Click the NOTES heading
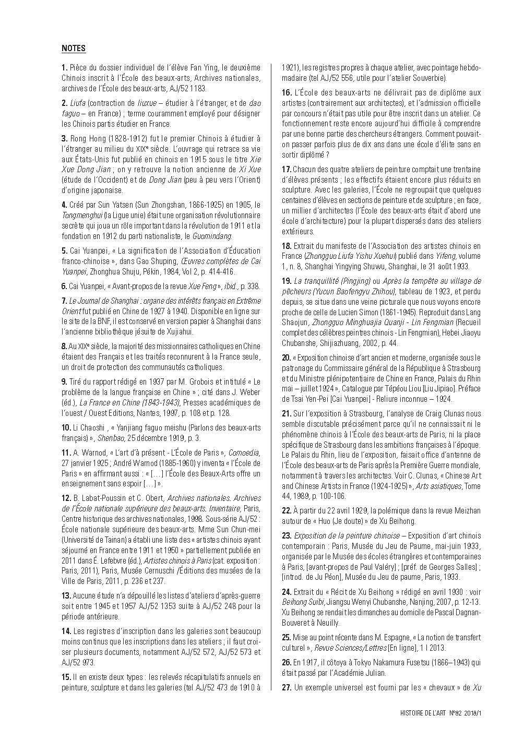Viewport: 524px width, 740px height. [74, 49]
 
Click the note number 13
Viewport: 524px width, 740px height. [66, 595]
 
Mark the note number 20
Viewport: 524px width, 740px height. [287, 357]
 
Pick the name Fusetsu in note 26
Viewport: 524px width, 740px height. [412, 662]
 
